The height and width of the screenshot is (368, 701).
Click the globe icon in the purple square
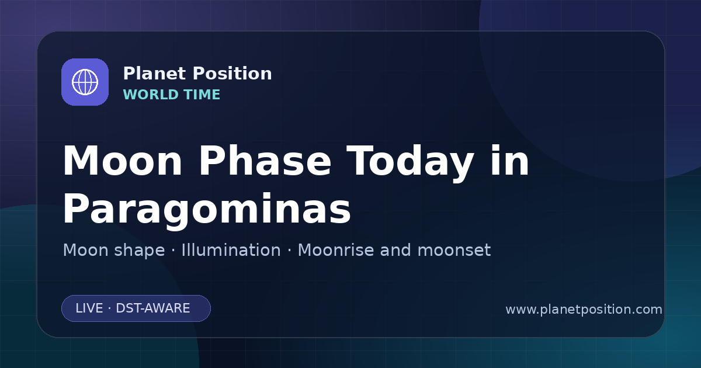pyautogui.click(x=85, y=82)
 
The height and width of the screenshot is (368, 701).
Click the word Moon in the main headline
pyautogui.click(x=122, y=161)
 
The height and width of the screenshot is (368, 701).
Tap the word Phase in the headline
pyautogui.click(x=265, y=161)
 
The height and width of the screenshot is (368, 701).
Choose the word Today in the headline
pyautogui.click(x=410, y=164)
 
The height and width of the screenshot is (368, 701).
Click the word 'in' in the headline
pyautogui.click(x=510, y=161)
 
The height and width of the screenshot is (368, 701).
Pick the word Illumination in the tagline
pyautogui.click(x=231, y=250)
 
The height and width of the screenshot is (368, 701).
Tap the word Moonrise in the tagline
pyautogui.click(x=335, y=250)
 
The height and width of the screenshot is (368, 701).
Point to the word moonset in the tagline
pyautogui.click(x=454, y=250)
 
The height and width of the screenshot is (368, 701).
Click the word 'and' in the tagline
pyautogui.click(x=395, y=250)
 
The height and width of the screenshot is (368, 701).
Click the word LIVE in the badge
pyautogui.click(x=89, y=308)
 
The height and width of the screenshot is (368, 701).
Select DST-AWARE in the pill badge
pyautogui.click(x=152, y=308)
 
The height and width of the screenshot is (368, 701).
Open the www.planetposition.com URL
pyautogui.click(x=584, y=310)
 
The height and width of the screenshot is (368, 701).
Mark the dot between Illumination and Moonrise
pyautogui.click(x=289, y=251)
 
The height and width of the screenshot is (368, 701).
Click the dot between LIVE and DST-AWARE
pyautogui.click(x=110, y=308)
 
